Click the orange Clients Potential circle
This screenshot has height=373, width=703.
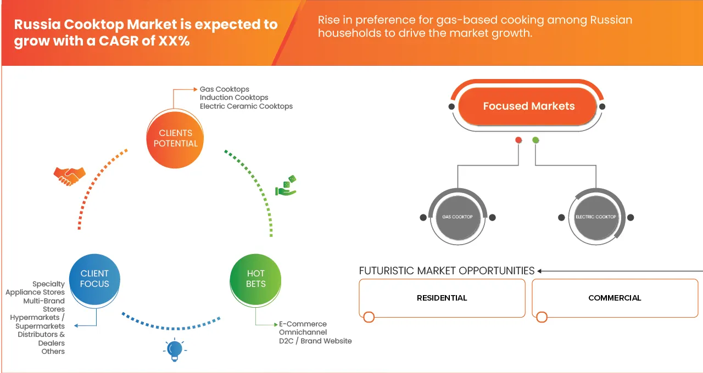pos(175,138)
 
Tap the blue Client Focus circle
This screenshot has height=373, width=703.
pos(94,278)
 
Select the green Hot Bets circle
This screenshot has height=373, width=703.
pos(255,278)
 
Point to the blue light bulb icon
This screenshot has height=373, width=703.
pos(175,349)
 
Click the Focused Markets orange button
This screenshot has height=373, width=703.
pos(528,106)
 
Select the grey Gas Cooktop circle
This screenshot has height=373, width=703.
pos(457,217)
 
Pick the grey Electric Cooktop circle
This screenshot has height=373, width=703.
pos(596,217)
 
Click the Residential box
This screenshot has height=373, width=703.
pos(442,298)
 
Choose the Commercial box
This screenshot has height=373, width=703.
pos(615,298)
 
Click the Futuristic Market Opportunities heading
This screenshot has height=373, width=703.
pos(447,270)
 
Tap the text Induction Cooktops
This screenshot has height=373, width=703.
pos(234,98)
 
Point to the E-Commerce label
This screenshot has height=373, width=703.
pos(303,324)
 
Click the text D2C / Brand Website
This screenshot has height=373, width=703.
pos(315,341)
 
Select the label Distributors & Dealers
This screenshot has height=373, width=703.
pos(41,338)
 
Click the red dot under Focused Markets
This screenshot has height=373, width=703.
pos(518,140)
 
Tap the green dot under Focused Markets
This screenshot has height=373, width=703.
pos(535,140)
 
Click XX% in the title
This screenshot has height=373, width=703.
pos(173,41)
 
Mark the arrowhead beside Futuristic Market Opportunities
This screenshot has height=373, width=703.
pos(540,271)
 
